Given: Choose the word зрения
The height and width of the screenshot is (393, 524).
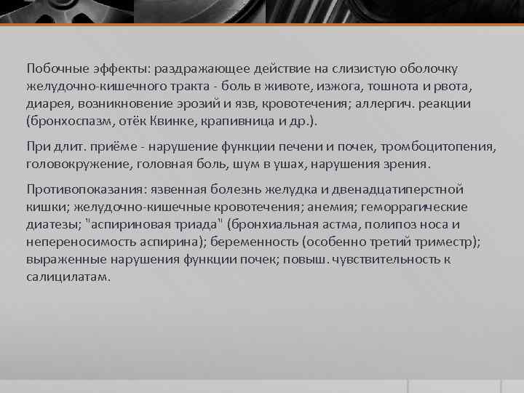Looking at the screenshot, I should click(x=408, y=164).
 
